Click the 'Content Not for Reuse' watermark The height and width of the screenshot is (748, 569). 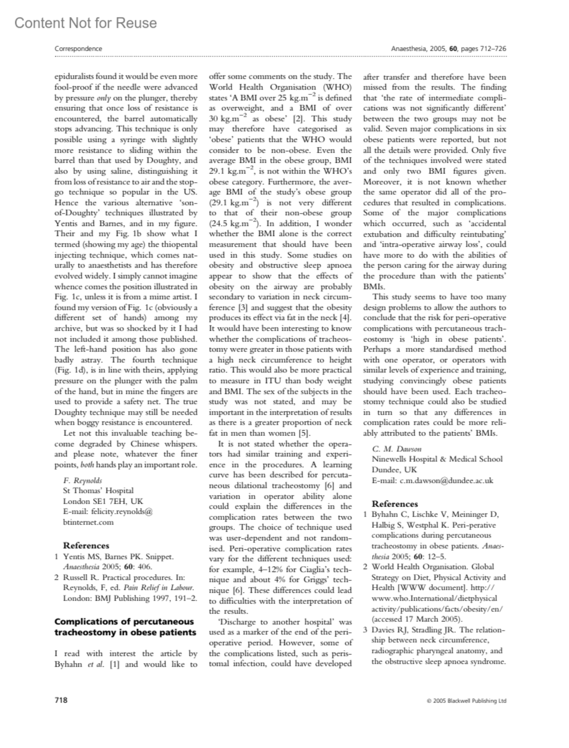(85, 23)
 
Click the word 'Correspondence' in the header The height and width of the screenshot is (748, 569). (78, 48)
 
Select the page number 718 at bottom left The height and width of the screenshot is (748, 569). (61, 700)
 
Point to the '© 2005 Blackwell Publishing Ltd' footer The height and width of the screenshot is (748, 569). (466, 701)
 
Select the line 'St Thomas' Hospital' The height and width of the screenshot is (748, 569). (98, 490)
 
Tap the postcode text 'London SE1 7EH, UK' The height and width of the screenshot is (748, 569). (103, 501)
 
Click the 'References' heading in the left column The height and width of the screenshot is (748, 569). (86, 545)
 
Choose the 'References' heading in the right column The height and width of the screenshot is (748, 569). (395, 504)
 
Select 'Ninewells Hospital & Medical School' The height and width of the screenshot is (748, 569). (437, 459)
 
